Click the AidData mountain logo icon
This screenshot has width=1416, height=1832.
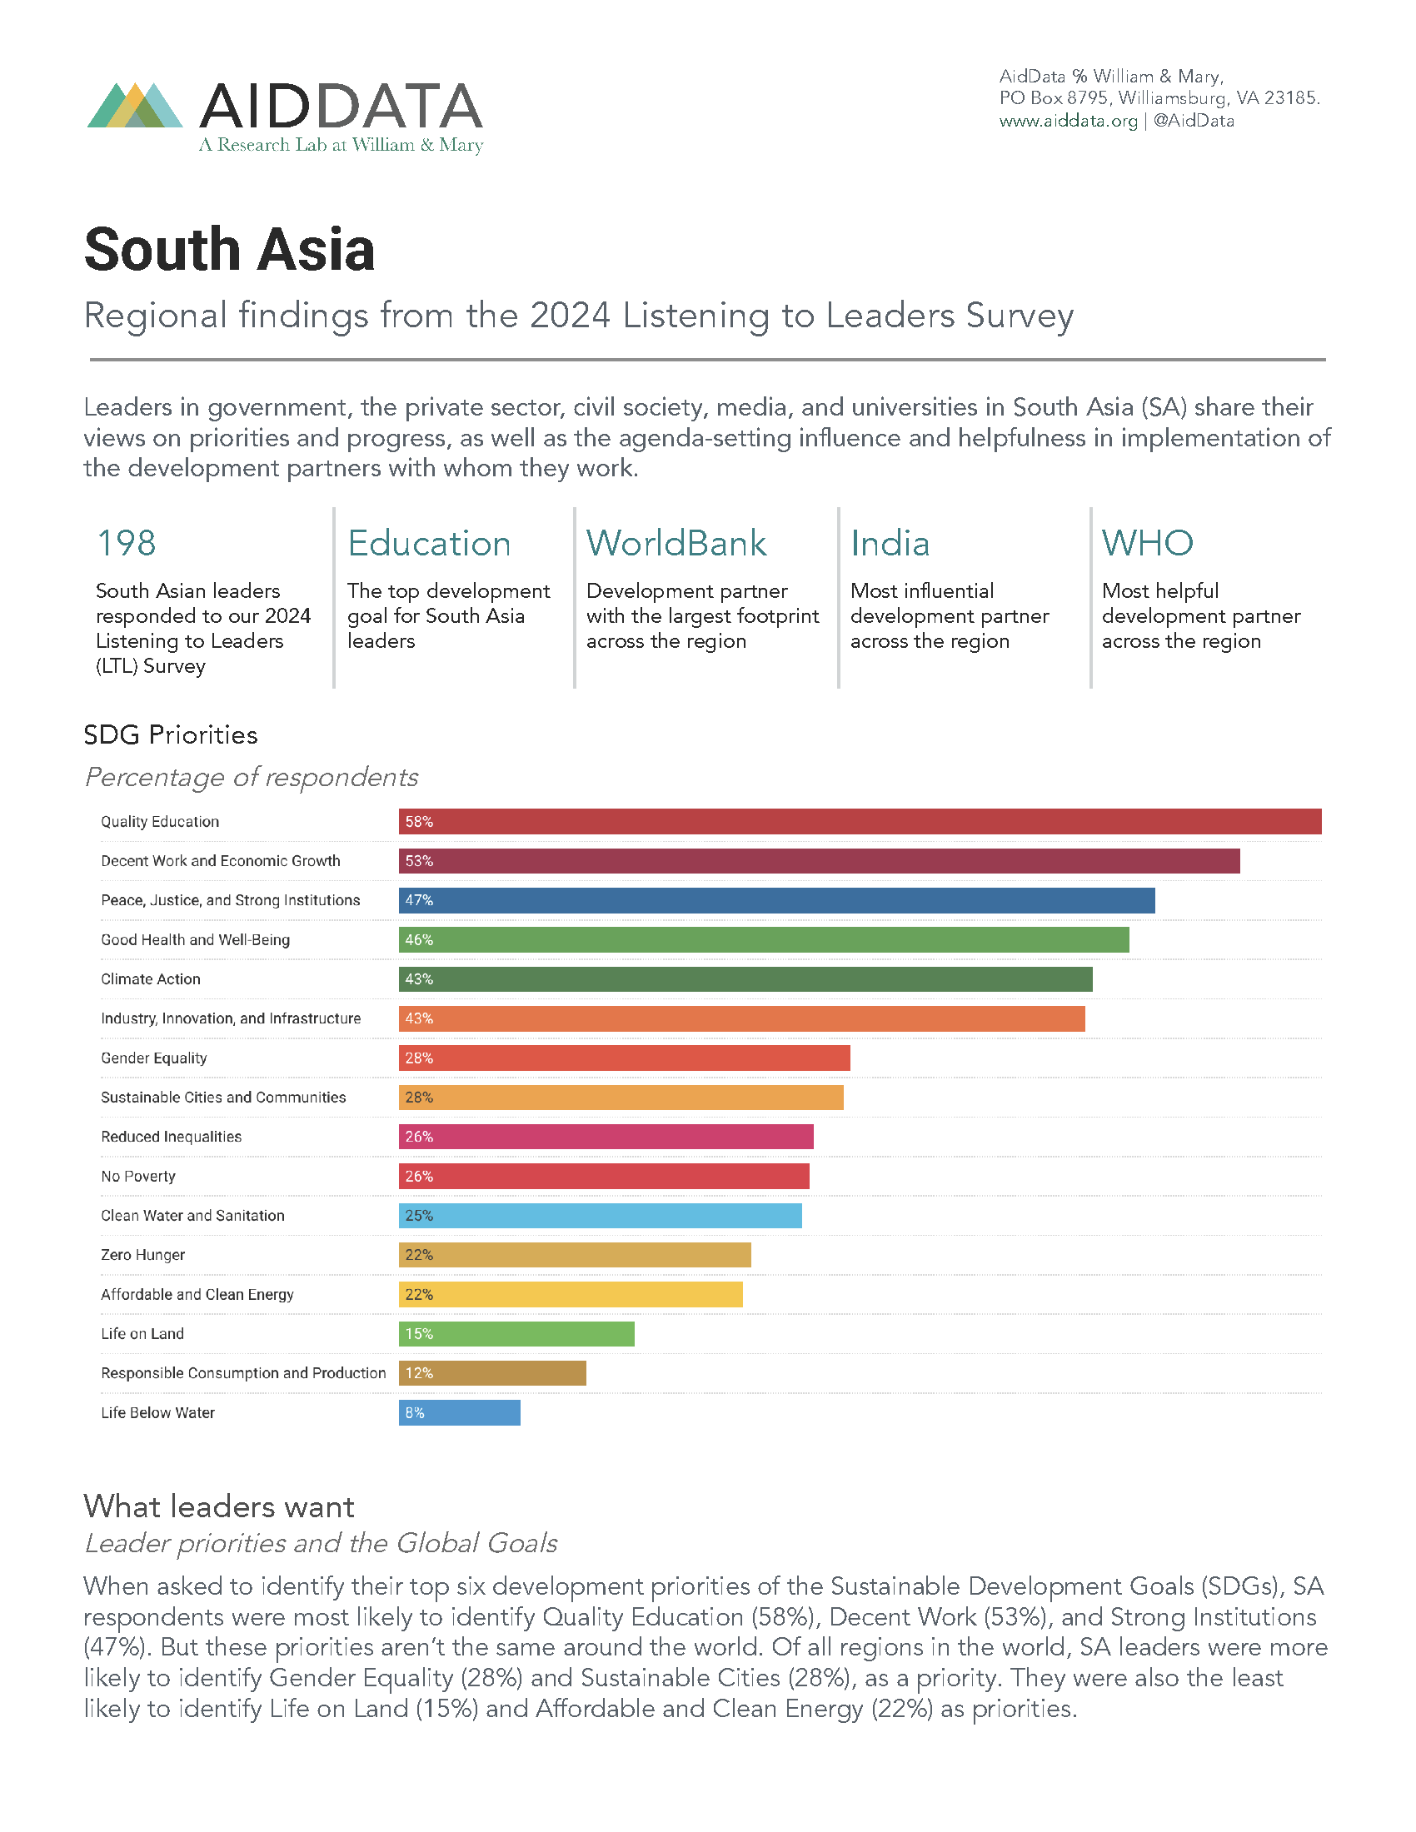click(135, 106)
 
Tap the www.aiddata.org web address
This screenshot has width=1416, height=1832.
click(1067, 121)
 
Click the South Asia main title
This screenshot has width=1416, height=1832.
click(229, 250)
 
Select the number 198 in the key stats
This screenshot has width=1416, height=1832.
click(127, 543)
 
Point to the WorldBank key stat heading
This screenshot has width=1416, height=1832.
click(676, 543)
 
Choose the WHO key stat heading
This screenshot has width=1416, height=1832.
click(1147, 543)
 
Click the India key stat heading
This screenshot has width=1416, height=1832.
click(890, 543)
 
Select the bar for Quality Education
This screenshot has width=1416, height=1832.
click(859, 821)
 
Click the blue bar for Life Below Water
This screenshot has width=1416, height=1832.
click(459, 1412)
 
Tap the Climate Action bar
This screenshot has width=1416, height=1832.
click(745, 979)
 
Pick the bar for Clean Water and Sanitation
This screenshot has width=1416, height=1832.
click(600, 1216)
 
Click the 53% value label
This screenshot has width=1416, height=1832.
click(419, 861)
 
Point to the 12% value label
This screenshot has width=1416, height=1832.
click(419, 1373)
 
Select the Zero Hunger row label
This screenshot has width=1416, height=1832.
click(142, 1255)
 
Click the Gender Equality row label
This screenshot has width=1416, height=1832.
click(153, 1058)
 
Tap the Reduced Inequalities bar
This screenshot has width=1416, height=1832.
click(606, 1137)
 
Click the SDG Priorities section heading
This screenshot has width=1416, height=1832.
click(170, 734)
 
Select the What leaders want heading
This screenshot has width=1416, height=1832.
click(219, 1506)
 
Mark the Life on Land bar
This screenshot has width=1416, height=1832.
click(516, 1334)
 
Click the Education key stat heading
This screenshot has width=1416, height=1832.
click(429, 543)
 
